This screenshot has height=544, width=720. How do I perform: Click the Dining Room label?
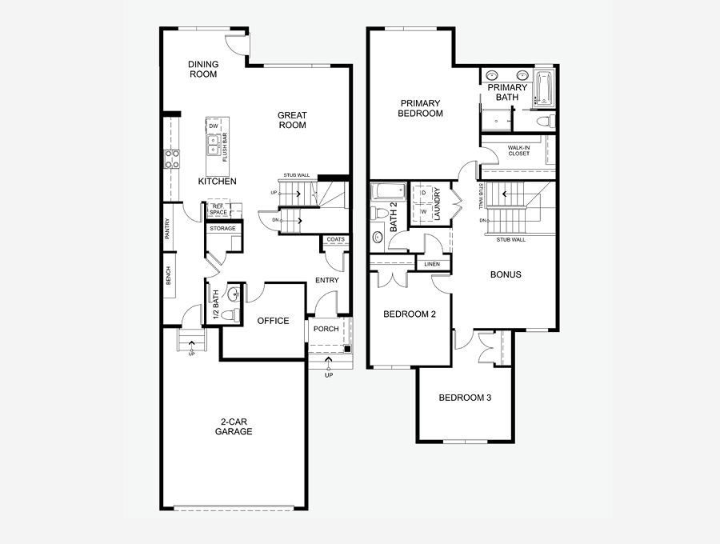click(x=202, y=70)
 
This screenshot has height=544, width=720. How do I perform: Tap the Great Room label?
click(x=292, y=120)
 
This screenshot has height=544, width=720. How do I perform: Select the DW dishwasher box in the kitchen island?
click(x=213, y=127)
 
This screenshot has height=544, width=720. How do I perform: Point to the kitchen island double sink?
click(x=214, y=146)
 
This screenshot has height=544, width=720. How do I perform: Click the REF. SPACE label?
click(x=217, y=210)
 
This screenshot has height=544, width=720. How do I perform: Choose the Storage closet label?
click(x=222, y=229)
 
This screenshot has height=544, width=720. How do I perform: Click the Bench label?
click(x=168, y=276)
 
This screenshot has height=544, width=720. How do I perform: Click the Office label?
click(x=273, y=321)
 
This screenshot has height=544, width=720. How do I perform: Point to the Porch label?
click(x=326, y=329)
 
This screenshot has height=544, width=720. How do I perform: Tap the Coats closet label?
click(x=336, y=239)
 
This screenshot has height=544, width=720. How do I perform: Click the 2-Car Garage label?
click(x=234, y=426)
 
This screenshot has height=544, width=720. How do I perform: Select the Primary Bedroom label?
click(x=422, y=108)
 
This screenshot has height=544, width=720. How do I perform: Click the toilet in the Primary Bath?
click(x=546, y=122)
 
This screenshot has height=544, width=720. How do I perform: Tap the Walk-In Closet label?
click(x=518, y=150)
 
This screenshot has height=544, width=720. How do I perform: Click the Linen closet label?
click(x=432, y=264)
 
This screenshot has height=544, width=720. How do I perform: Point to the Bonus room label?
click(x=506, y=274)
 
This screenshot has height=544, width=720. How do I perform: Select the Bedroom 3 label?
click(x=465, y=398)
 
